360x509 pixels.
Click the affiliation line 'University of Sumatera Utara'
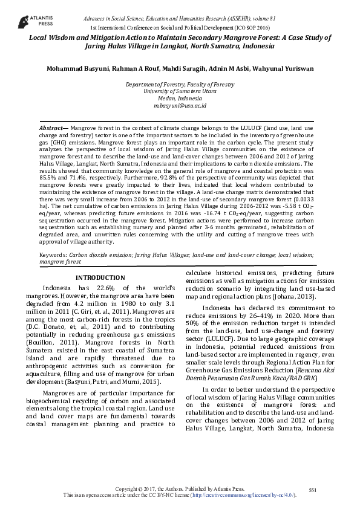[180, 91]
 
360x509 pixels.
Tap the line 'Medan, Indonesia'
[180, 98]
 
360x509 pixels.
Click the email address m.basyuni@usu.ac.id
[180, 105]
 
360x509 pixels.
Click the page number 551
[312, 488]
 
